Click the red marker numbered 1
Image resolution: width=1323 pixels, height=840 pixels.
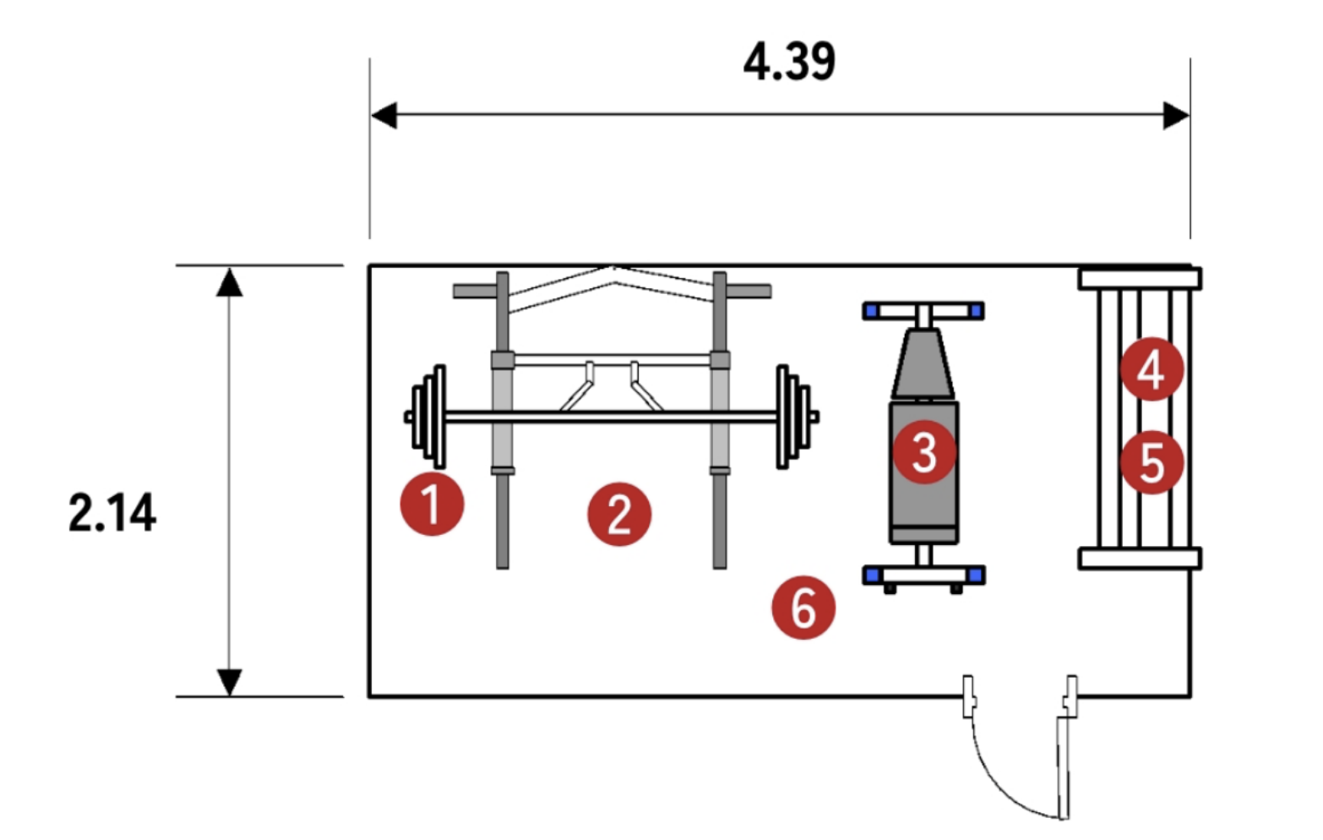[432, 505]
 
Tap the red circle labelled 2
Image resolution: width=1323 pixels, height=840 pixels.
[619, 514]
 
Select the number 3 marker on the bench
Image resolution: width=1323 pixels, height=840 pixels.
[925, 452]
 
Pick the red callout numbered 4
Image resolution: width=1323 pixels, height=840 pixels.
[1151, 369]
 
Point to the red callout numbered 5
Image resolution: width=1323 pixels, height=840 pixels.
[1151, 462]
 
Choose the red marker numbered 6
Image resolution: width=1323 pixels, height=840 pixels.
[803, 607]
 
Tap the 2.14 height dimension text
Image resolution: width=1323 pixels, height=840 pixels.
[112, 513]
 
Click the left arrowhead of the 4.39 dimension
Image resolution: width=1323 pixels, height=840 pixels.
[384, 115]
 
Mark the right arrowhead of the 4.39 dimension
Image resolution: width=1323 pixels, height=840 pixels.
[1177, 115]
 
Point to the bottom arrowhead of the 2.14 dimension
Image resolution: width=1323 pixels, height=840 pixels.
[229, 681]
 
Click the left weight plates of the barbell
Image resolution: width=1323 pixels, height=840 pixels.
[428, 417]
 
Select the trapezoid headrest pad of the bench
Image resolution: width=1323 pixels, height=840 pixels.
[923, 363]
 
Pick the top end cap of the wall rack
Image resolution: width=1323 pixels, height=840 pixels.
[1140, 278]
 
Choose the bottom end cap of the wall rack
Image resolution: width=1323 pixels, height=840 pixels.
[1140, 558]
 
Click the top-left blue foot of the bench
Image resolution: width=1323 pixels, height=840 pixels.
[871, 311]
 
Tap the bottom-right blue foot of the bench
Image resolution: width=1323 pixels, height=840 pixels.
[977, 575]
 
